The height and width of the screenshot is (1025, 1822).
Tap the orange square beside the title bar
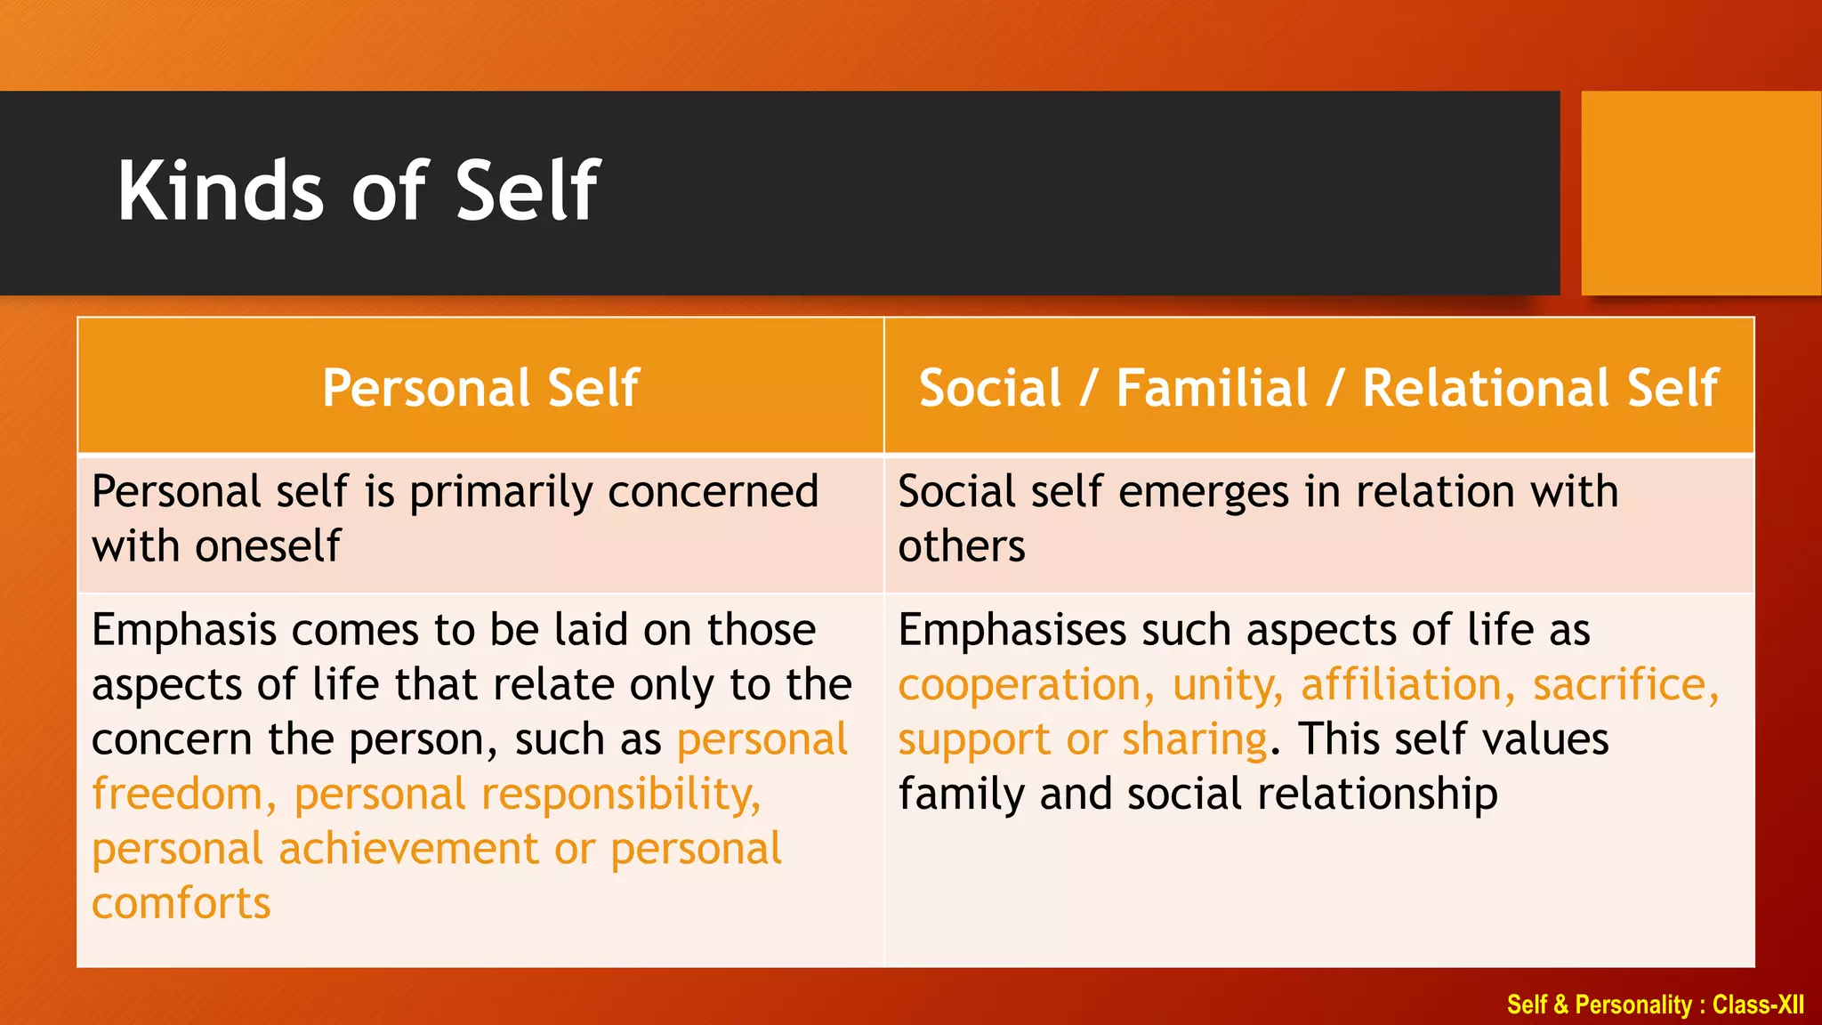[1700, 192]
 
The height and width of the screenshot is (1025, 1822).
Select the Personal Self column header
[480, 388]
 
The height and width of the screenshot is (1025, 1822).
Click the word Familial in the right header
[1212, 388]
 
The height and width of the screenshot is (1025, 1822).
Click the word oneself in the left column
[268, 546]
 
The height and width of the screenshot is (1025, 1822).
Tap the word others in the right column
[961, 546]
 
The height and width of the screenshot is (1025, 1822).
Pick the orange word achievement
[408, 849]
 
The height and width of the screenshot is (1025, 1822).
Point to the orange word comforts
[181, 904]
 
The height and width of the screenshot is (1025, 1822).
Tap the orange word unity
[1227, 685]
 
